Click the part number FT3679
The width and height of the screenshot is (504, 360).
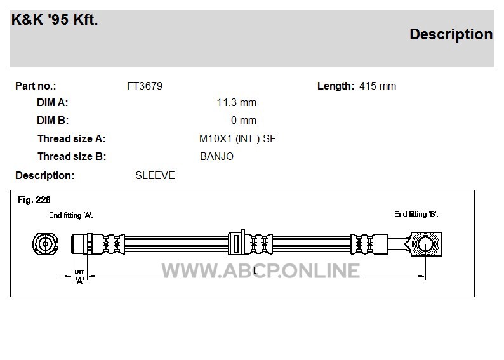[145, 86]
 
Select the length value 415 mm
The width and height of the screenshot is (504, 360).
[378, 86]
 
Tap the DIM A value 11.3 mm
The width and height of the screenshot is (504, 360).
[237, 102]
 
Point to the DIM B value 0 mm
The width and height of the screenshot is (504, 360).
[244, 120]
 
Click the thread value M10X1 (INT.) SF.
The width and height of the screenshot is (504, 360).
[239, 139]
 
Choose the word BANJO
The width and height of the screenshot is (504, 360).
[216, 157]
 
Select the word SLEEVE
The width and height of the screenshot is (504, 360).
[155, 175]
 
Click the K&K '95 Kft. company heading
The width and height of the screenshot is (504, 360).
[55, 20]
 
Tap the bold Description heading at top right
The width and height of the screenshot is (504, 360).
[451, 34]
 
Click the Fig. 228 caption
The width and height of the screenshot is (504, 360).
[34, 200]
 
